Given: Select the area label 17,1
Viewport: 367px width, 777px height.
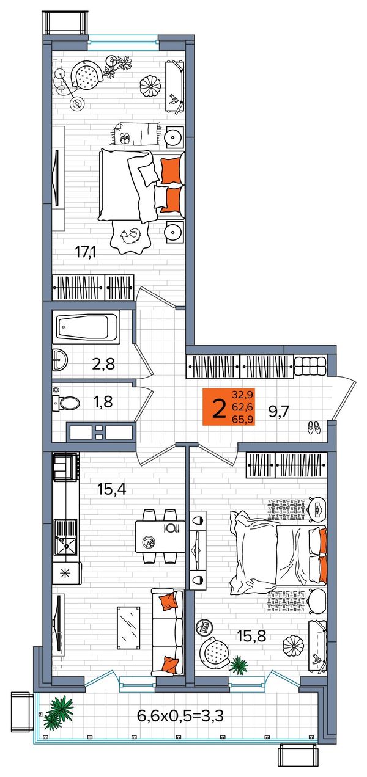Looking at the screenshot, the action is pos(86,252).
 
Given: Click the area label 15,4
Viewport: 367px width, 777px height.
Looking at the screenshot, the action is pos(111,489).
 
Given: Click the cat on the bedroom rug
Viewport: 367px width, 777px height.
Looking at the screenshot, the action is pos(130,236).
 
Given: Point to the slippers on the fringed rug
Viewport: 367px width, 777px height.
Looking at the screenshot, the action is pos(124,139).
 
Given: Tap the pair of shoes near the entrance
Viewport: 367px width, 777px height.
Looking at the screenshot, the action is pos(314,428).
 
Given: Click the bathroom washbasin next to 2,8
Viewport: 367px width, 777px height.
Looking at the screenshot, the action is pos(60,360).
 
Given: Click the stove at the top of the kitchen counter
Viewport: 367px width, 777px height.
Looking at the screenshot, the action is pos(65,467).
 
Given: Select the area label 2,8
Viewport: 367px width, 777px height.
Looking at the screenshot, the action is pos(103,364).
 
